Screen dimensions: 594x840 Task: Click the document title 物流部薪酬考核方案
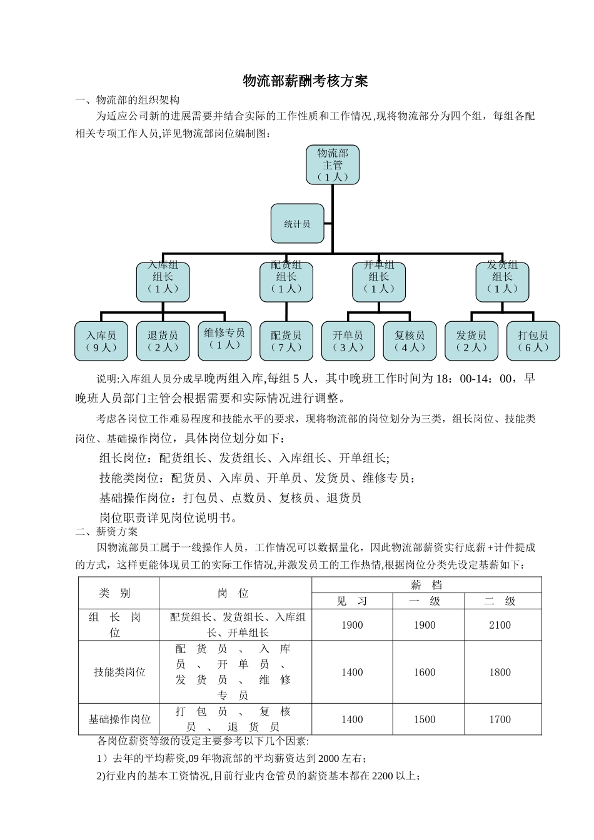coord(305,81)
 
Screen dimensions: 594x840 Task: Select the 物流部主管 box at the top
coord(333,165)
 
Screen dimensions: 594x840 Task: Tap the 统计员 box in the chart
coord(297,224)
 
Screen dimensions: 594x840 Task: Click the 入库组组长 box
coord(163,282)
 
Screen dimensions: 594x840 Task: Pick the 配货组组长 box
coord(286,282)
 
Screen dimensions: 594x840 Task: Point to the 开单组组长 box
coord(379,282)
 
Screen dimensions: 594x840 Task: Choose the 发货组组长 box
coord(502,282)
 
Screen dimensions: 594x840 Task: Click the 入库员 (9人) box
coord(101,341)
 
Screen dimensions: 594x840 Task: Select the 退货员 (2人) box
coord(163,341)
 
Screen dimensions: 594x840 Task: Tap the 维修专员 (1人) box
coord(224,341)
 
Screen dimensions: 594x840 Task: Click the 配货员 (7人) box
coord(286,341)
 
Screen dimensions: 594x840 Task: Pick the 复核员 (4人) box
coord(410,341)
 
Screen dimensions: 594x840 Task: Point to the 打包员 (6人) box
coord(533,341)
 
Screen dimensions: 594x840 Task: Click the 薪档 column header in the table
coord(426,585)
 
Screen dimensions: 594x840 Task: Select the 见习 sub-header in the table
coord(352,601)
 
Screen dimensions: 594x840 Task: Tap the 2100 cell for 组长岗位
coord(500,625)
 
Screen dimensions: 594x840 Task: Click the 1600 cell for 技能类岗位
coord(425,672)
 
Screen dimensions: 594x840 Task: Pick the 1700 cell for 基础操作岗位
coord(500,719)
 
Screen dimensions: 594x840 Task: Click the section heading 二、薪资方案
coord(106,532)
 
